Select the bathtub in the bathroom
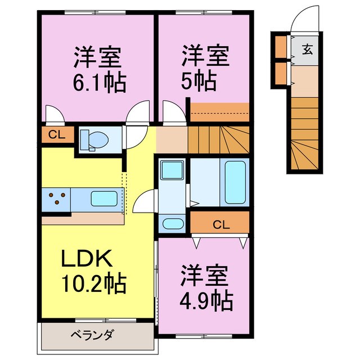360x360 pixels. click(x=234, y=183)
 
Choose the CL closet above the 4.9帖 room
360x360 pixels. click(x=220, y=224)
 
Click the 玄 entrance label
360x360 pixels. click(x=308, y=48)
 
